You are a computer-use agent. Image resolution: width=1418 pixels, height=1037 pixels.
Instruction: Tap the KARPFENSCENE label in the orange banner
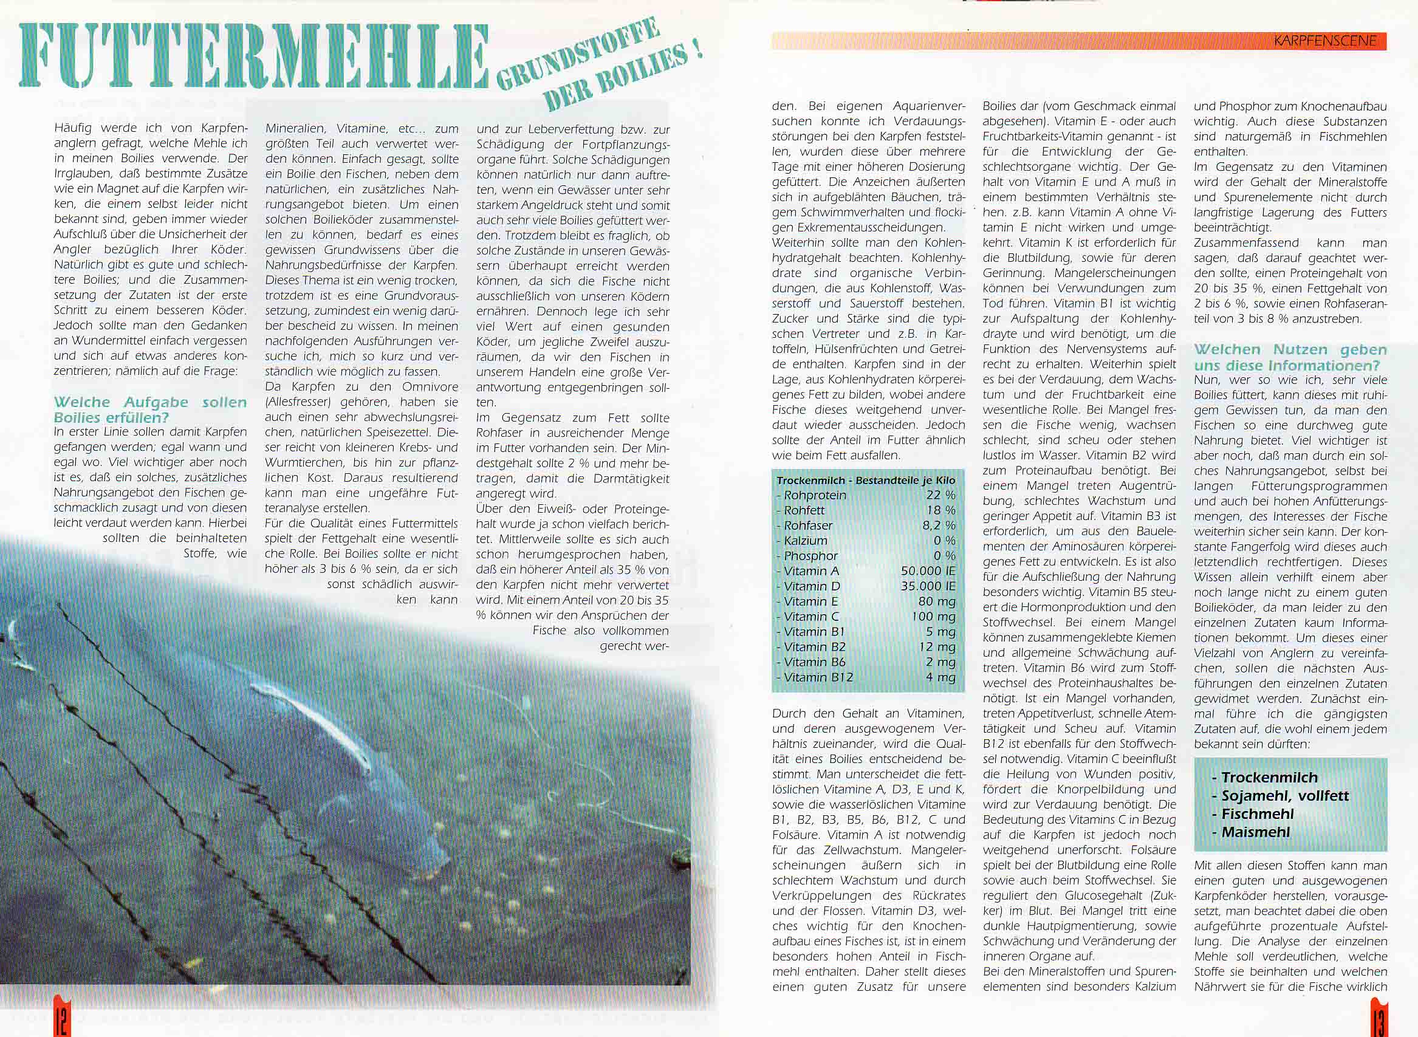tap(1324, 41)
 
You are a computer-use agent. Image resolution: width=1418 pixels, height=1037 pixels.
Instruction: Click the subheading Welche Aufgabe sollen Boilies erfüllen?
tap(150, 409)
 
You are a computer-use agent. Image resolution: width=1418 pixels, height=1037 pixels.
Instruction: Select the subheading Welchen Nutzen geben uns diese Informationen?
tap(1290, 357)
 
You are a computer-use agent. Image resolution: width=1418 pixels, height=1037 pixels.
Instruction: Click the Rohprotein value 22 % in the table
tap(940, 495)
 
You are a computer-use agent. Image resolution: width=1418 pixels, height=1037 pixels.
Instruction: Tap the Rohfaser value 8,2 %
tap(939, 525)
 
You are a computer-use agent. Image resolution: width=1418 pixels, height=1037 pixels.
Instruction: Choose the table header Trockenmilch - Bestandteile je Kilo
tap(866, 480)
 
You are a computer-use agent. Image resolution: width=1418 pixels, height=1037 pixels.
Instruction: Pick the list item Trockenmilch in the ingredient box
tap(1268, 777)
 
